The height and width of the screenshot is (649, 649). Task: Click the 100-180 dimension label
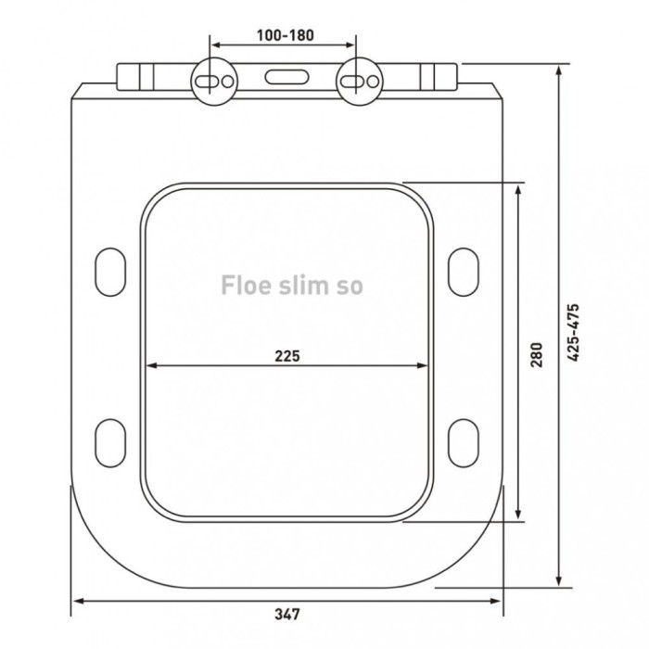(x=285, y=35)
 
